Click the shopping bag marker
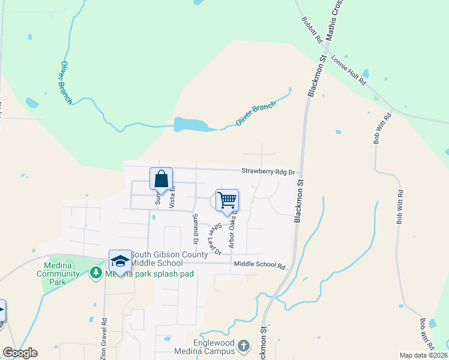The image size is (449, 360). pyautogui.click(x=161, y=179)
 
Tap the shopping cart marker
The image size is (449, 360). pyautogui.click(x=227, y=200)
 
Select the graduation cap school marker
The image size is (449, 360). pyautogui.click(x=120, y=261)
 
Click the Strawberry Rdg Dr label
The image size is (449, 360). pyautogui.click(x=268, y=172)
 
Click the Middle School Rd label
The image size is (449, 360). pyautogui.click(x=259, y=265)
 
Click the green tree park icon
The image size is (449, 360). pyautogui.click(x=95, y=274)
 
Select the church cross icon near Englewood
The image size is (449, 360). pyautogui.click(x=243, y=346)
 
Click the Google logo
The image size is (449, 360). pyautogui.click(x=20, y=353)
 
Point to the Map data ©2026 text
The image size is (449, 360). pyautogui.click(x=423, y=355)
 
